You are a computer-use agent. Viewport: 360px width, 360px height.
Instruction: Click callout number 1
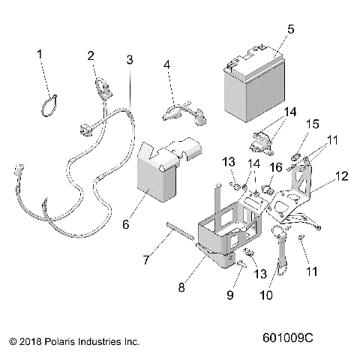41,54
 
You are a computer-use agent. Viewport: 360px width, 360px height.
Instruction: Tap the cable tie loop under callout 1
49,105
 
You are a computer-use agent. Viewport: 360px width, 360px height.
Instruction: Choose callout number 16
275,167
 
